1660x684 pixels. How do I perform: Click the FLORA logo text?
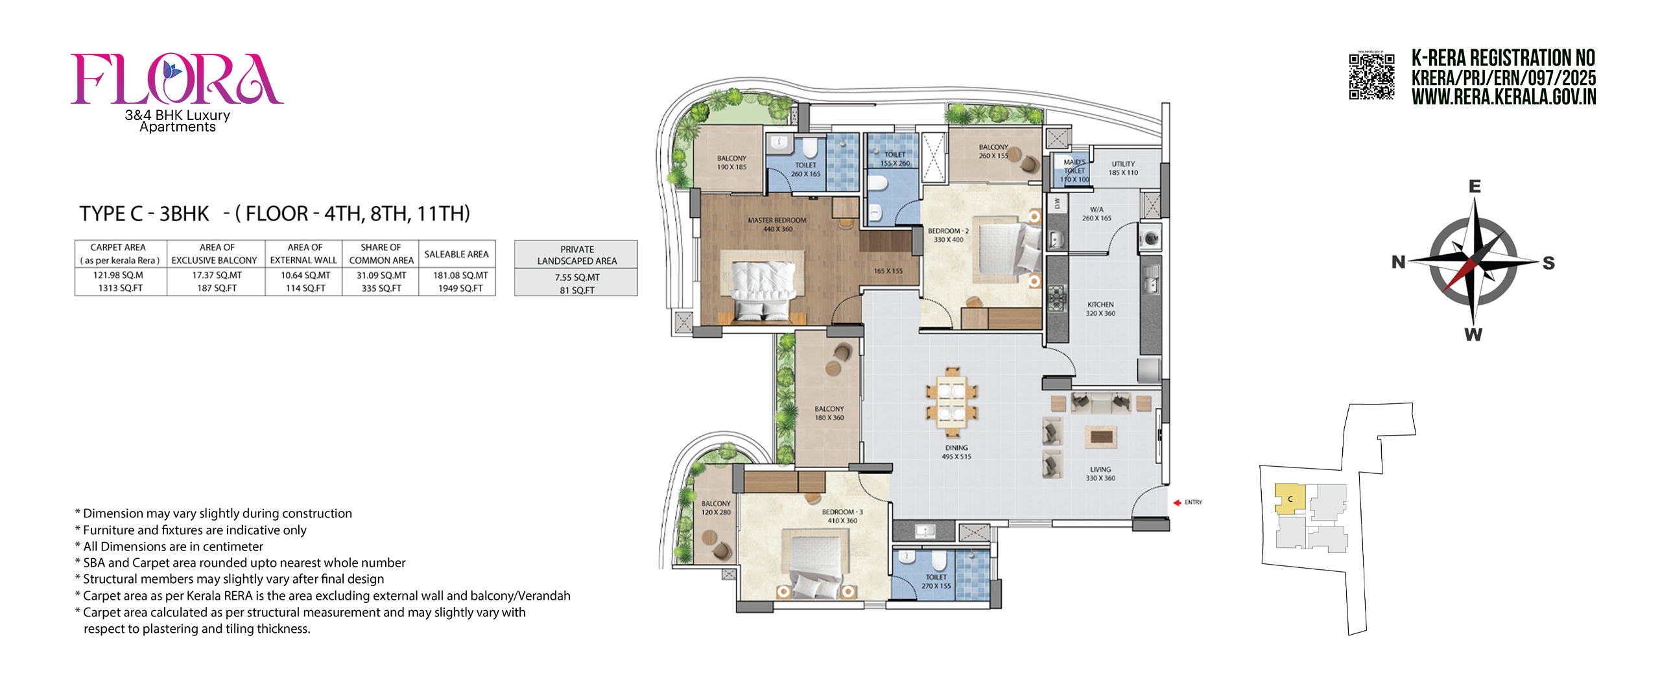pos(176,79)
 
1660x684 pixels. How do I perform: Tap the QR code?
pos(1371,77)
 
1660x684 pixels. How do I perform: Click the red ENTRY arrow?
pos(1177,502)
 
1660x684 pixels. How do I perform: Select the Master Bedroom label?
pos(777,224)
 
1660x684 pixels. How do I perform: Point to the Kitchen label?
pos(1100,309)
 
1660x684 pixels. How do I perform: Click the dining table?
pos(951,402)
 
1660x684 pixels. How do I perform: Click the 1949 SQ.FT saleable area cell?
pos(460,289)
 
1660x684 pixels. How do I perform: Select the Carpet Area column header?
pos(120,254)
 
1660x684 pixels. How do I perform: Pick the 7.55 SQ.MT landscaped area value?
pos(576,277)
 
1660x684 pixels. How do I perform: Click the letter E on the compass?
pos(1475,187)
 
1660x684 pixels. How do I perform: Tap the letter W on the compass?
pos(1473,335)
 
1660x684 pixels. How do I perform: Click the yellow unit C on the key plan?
pos(1289,499)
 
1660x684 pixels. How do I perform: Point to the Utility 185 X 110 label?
pos(1123,168)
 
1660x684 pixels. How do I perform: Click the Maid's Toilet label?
pos(1074,171)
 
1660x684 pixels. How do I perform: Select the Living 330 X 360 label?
pos(1100,473)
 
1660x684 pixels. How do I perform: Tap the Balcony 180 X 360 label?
pos(829,413)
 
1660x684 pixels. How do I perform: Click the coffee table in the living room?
pos(1100,437)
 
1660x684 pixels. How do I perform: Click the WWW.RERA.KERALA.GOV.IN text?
pos(1503,97)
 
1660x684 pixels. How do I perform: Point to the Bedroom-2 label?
pos(948,235)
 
